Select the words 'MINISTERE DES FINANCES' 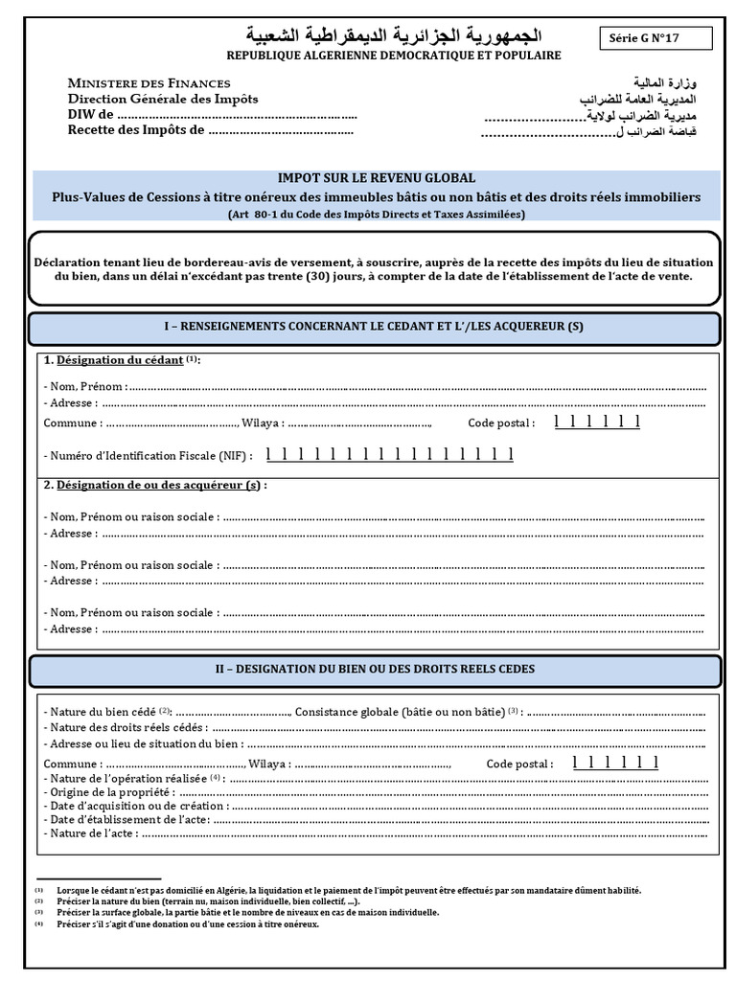(149, 83)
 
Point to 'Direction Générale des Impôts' (162, 99)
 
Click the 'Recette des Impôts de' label (135, 130)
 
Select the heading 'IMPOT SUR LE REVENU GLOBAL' (376, 178)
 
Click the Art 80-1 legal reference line (376, 215)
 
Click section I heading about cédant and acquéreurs (374, 327)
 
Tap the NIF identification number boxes (389, 454)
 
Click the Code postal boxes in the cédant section (596, 422)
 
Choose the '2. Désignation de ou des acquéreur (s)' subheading (154, 486)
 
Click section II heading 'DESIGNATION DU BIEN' (374, 669)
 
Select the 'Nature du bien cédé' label (103, 712)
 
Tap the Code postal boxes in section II (615, 763)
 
